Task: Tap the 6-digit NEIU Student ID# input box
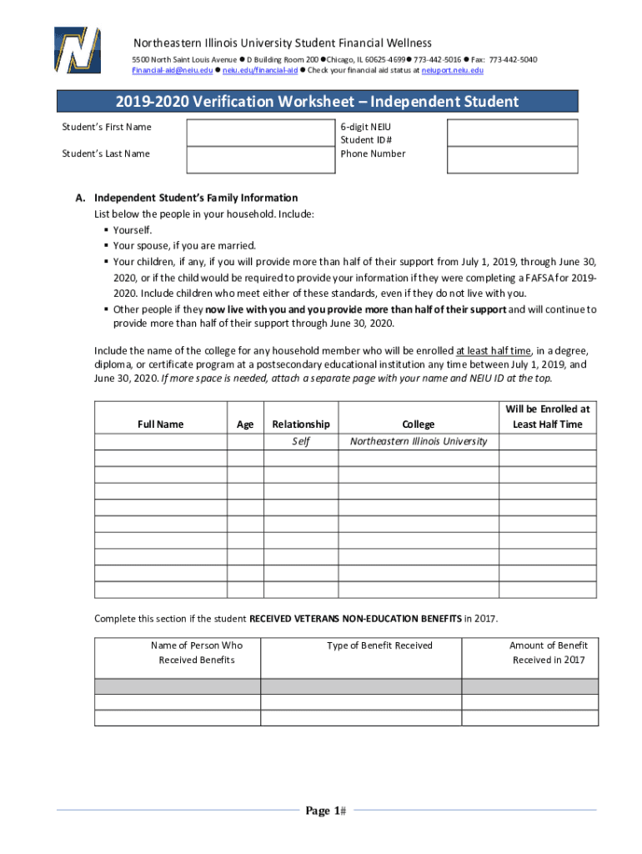[x=513, y=133]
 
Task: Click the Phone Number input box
[x=513, y=160]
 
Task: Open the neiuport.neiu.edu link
[x=452, y=71]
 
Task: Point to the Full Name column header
[x=160, y=424]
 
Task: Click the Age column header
[x=245, y=424]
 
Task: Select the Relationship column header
[x=300, y=424]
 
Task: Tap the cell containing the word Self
[x=300, y=441]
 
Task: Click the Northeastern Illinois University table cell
[x=418, y=441]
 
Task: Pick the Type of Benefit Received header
[x=379, y=646]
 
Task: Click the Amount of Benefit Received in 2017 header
[x=549, y=652]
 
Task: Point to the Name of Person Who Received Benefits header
[x=197, y=652]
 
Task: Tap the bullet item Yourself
[x=133, y=229]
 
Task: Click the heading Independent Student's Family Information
[x=195, y=198]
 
